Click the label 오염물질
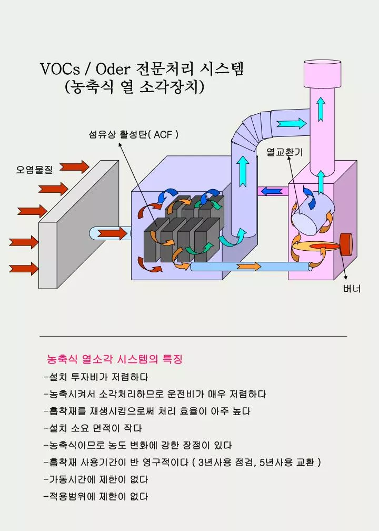pos(34,169)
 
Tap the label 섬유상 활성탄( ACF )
pos(133,134)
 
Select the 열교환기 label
pos(285,152)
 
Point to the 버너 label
pos(352,289)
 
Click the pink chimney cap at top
pos(322,74)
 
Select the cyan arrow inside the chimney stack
pos(321,109)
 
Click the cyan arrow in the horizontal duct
pos(292,123)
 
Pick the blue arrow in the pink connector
pos(272,191)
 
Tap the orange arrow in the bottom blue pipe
pos(248,267)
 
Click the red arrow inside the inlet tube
pos(112,233)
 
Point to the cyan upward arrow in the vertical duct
pos(243,171)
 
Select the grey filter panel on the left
pos(79,224)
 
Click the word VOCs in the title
pos(60,69)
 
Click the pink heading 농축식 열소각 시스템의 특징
pos(115,359)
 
